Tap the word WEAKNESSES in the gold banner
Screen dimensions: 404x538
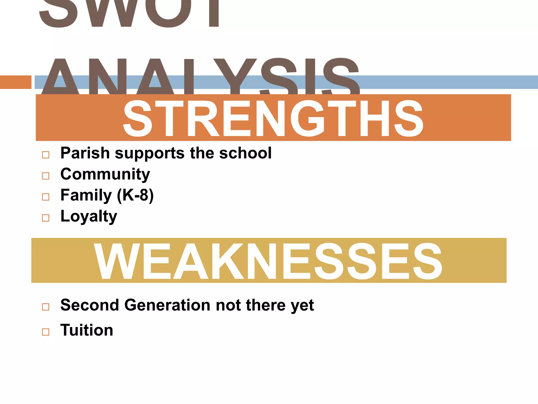tap(268, 261)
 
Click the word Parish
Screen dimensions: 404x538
tap(85, 153)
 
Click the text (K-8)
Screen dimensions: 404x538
tap(135, 195)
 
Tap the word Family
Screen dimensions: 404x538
tap(86, 195)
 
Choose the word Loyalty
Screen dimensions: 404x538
tap(89, 216)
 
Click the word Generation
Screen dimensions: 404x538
tap(167, 305)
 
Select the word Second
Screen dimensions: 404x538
tap(90, 305)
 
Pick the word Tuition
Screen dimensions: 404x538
tap(87, 330)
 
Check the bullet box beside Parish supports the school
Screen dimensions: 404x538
tap(46, 155)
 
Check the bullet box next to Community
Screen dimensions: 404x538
tap(46, 176)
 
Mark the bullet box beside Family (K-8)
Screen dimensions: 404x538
tap(46, 197)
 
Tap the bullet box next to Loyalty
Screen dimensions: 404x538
tap(46, 218)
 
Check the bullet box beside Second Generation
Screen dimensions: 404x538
tap(46, 307)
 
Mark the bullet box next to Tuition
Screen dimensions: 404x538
tap(46, 332)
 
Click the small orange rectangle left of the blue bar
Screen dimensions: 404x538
tap(15, 82)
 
